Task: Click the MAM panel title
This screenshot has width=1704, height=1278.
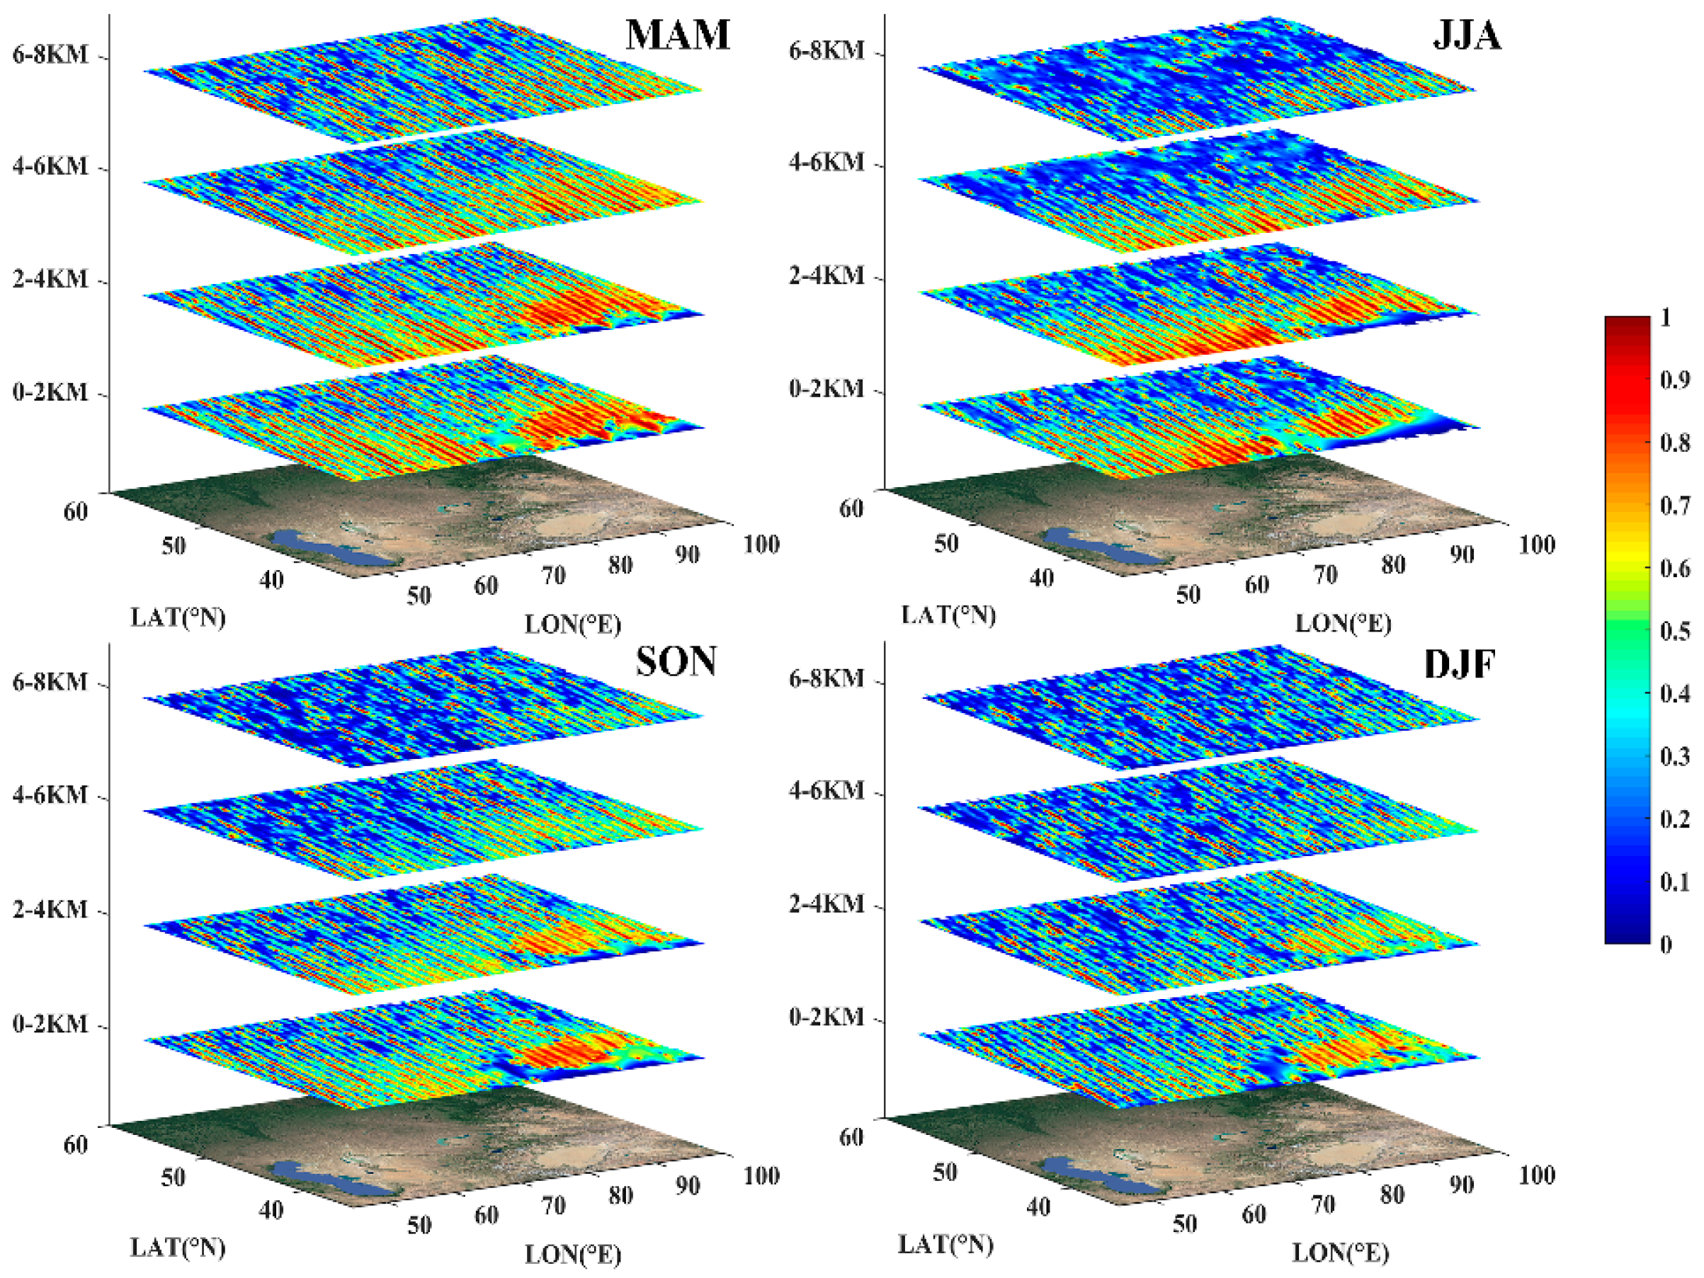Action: pos(677,35)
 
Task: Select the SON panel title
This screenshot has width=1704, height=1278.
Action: pos(676,661)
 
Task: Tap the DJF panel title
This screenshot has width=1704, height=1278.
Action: pos(1459,664)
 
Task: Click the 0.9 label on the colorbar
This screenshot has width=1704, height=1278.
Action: pos(1674,380)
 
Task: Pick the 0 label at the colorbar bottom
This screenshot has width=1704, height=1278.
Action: pos(1666,945)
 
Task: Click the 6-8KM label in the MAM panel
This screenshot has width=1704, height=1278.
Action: pos(50,55)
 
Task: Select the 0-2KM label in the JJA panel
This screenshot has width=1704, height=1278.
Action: pos(827,388)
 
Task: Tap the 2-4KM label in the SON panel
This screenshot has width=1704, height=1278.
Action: pos(50,909)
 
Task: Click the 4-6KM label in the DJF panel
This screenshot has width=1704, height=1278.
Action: pos(827,790)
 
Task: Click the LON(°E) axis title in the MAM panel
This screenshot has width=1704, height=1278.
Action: pos(572,624)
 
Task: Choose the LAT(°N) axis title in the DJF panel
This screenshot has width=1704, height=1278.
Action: pos(945,1244)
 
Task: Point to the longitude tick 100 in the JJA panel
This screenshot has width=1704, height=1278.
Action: pos(1536,544)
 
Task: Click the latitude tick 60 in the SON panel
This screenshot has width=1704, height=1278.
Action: pos(76,1145)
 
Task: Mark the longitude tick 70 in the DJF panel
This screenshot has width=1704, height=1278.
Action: pos(1323,1204)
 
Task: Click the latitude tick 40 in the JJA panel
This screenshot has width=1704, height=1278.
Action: pos(1042,577)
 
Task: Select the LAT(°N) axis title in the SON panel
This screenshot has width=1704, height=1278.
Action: pos(178,1247)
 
